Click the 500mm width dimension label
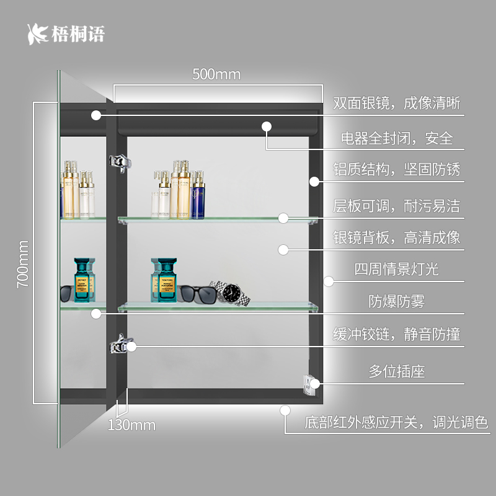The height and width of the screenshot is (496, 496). click(216, 75)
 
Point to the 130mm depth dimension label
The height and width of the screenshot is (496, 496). click(131, 425)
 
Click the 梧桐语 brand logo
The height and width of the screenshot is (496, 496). click(66, 33)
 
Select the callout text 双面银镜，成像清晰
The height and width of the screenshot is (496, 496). click(397, 103)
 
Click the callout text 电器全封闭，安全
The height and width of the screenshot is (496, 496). click(397, 138)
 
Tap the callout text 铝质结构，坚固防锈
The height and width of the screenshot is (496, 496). click(397, 169)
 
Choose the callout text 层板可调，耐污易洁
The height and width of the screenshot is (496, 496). click(397, 205)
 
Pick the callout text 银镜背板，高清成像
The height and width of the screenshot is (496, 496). click(397, 237)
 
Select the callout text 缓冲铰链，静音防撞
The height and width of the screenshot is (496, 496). click(397, 335)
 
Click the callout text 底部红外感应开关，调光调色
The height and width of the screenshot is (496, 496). click(397, 423)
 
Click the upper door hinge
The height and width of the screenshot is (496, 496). click(120, 162)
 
